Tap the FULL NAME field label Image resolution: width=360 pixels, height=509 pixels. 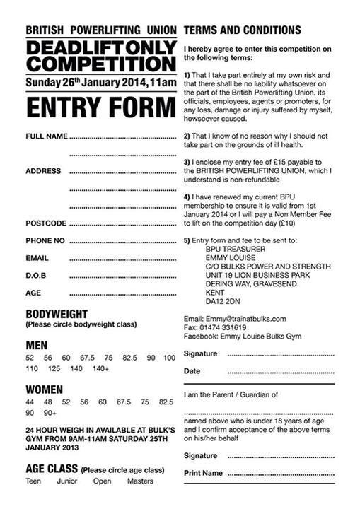(x=47, y=136)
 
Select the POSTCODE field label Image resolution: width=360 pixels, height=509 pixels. (x=46, y=223)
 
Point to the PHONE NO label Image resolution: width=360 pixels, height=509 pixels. (x=45, y=241)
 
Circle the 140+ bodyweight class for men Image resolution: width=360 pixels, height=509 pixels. (x=100, y=368)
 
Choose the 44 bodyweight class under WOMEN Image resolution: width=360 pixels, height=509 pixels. (x=29, y=402)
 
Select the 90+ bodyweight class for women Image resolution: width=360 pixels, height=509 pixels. (x=50, y=412)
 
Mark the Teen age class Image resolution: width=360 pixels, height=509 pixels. (x=33, y=481)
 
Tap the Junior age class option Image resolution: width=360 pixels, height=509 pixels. (x=68, y=481)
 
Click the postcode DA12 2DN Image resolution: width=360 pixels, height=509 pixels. (x=223, y=300)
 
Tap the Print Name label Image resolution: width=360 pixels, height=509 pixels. (x=203, y=472)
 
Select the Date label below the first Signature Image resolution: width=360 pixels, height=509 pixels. (x=192, y=370)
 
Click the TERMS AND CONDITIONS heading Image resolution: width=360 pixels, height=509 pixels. (x=242, y=30)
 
